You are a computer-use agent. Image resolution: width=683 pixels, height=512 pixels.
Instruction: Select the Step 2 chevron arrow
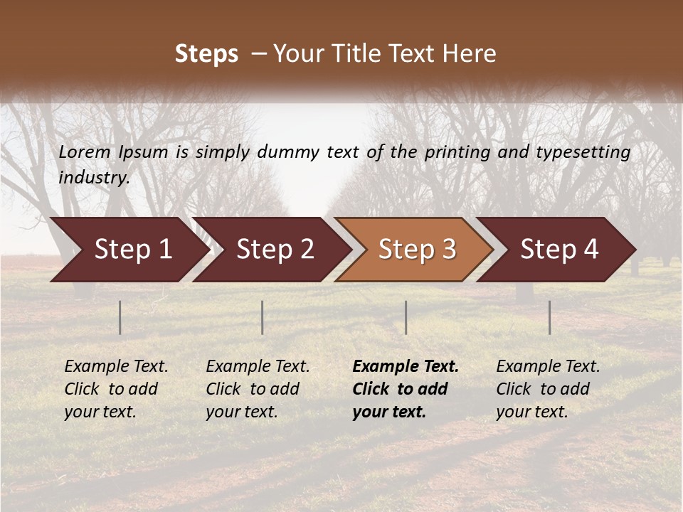(x=274, y=250)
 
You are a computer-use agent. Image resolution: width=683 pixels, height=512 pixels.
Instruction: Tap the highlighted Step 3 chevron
(x=416, y=250)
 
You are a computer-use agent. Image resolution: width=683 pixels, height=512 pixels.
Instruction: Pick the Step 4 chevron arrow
(x=558, y=250)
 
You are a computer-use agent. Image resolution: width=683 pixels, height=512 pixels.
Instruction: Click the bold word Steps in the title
(x=206, y=54)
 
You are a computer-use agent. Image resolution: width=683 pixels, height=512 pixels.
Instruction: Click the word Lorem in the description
(x=85, y=151)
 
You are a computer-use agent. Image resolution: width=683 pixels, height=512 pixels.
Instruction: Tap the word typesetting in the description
(x=583, y=152)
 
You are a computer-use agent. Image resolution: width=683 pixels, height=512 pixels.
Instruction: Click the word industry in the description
(x=93, y=177)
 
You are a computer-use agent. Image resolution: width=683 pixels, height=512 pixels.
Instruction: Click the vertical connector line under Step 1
(x=120, y=317)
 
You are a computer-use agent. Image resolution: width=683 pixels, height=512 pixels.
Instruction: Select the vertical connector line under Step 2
(x=263, y=317)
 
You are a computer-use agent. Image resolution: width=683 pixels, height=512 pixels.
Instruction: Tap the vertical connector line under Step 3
(x=406, y=317)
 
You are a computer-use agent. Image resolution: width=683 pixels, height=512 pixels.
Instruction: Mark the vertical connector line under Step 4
(x=549, y=317)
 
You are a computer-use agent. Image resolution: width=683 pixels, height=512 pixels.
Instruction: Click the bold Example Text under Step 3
(x=406, y=367)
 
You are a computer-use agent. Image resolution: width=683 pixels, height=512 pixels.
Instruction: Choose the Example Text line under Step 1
(x=116, y=367)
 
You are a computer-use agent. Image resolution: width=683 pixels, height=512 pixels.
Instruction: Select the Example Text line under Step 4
(x=548, y=367)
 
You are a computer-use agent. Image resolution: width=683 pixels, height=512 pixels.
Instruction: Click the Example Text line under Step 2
(x=258, y=367)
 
